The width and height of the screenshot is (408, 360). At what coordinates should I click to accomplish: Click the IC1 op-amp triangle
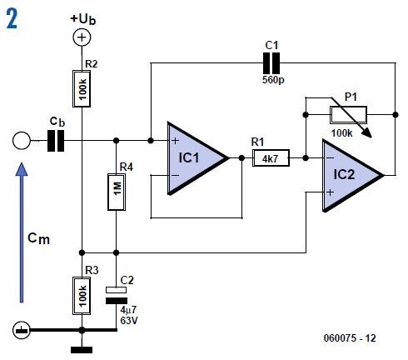pos(193,158)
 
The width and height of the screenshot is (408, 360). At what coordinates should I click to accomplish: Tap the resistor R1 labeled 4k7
pos(271,157)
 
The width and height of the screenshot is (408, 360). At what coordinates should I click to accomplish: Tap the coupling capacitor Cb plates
pos(56,142)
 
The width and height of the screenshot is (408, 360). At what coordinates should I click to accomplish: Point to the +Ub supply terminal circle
pos(82,37)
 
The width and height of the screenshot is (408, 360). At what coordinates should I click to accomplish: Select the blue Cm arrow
pos(22,233)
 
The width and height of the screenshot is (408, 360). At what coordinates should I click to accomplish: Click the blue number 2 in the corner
pos(12,18)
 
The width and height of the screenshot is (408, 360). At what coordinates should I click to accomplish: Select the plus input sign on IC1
pos(176,140)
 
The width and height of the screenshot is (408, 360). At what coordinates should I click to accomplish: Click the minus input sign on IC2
pos(331,157)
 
